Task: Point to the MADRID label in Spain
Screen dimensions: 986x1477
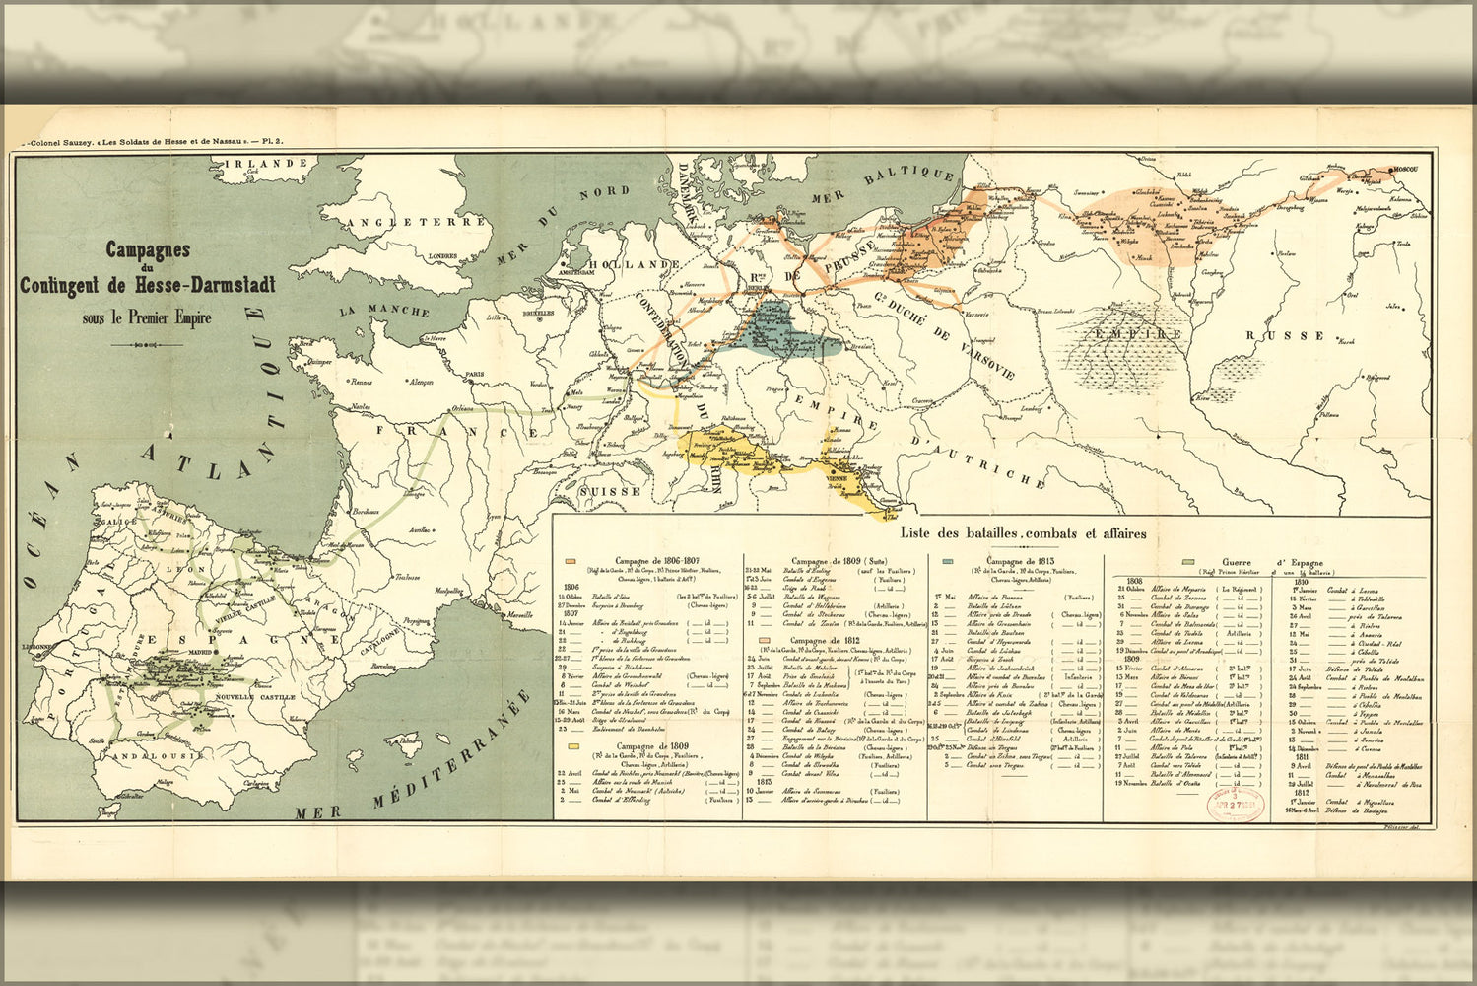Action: click(200, 652)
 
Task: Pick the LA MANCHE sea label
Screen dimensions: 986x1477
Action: click(384, 310)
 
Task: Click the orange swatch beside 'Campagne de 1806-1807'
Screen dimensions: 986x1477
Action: click(570, 560)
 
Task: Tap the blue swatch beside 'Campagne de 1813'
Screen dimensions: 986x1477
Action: click(947, 560)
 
